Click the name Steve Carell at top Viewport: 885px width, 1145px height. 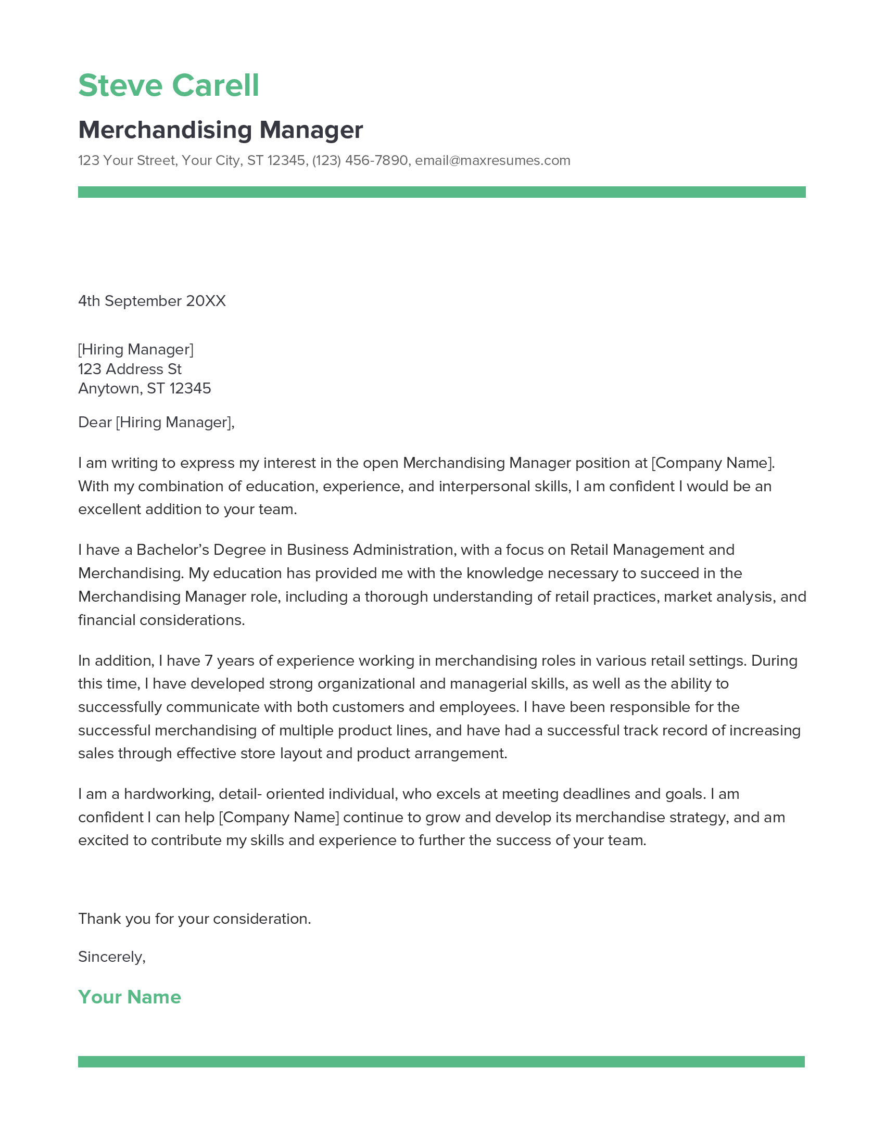(168, 85)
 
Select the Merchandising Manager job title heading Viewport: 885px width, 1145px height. (220, 130)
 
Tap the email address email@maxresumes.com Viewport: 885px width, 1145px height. (492, 160)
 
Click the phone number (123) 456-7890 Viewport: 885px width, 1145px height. (360, 160)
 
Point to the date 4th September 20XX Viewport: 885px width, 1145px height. (151, 301)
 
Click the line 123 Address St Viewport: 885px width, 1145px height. (130, 369)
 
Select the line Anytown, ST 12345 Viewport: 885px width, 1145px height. (144, 388)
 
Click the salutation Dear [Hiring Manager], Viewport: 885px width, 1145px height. (156, 422)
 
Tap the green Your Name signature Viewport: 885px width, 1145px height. (130, 997)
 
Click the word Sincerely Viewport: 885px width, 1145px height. (110, 957)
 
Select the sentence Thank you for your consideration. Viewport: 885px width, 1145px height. (195, 919)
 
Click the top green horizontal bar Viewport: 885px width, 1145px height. (441, 192)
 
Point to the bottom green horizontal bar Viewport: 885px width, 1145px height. (441, 1062)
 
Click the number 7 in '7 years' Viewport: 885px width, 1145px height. (208, 660)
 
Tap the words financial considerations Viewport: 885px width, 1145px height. (161, 620)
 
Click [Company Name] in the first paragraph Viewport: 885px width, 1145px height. (713, 463)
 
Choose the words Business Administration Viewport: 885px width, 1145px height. (370, 550)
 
